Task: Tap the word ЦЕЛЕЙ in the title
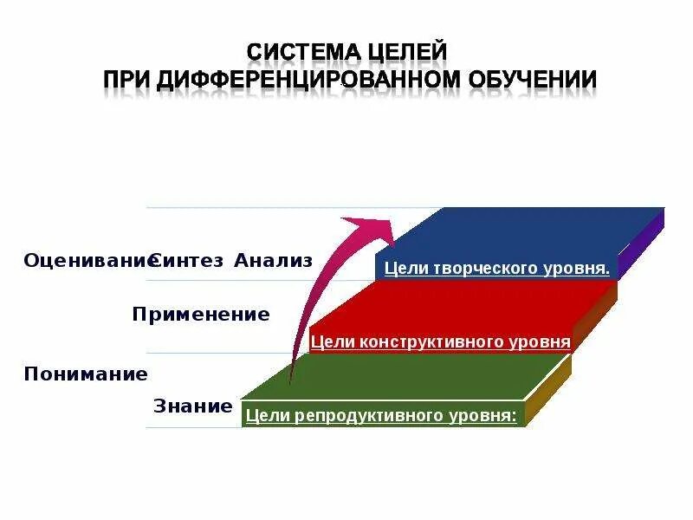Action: [407, 51]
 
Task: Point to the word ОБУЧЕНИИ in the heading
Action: [532, 81]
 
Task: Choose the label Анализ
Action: [273, 261]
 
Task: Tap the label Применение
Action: [201, 315]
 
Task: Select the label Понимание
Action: [86, 374]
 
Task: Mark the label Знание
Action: [193, 406]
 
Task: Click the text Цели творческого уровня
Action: [497, 269]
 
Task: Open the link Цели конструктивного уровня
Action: [440, 342]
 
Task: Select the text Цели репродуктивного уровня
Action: [381, 416]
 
